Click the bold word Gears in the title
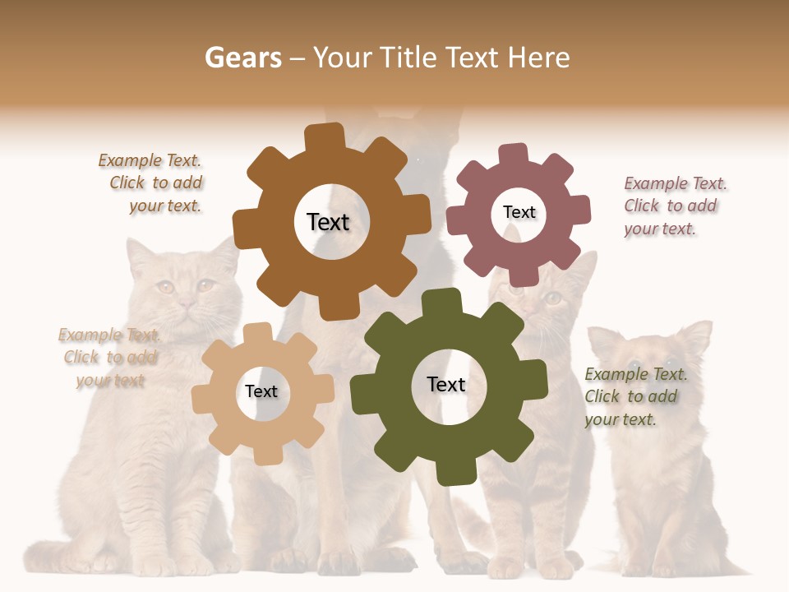click(x=242, y=58)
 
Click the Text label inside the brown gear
click(x=328, y=222)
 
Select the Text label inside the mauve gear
click(x=519, y=212)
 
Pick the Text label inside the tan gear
click(x=261, y=391)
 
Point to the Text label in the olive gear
click(x=446, y=384)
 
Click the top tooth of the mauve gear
click(x=513, y=154)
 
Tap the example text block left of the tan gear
click(x=108, y=358)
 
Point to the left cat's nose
click(x=188, y=304)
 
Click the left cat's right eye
click(x=205, y=285)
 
